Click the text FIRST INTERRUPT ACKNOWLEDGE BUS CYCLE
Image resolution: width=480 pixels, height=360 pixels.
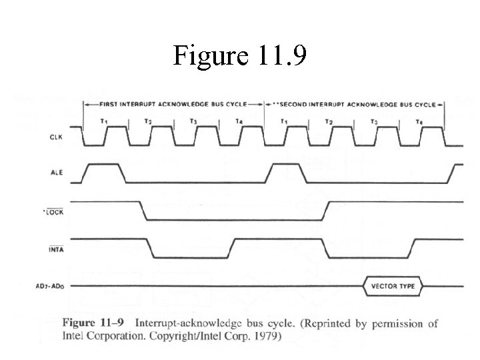pos(173,104)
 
